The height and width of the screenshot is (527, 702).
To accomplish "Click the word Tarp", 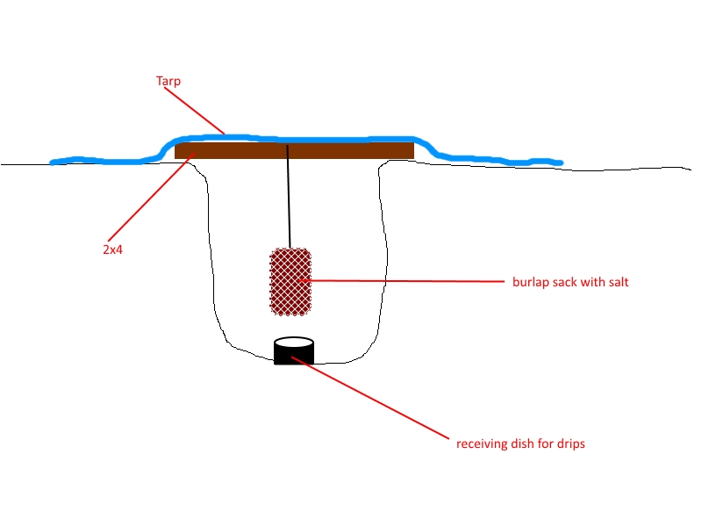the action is pos(168,81).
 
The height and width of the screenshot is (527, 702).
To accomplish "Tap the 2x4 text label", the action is pos(113,249).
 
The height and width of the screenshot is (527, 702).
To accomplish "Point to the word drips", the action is pos(571,444).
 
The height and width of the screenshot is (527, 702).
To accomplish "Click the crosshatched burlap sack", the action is pos(290,282).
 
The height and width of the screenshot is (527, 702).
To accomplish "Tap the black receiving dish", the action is pos(294,350).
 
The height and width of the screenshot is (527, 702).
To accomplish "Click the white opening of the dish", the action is pos(294,343).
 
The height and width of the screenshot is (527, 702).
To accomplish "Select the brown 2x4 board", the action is pos(294,150).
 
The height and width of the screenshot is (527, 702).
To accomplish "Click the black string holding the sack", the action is pos(289,196).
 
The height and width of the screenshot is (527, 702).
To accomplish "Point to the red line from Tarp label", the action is pos(194,111).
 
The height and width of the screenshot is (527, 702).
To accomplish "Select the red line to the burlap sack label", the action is pos(402,281).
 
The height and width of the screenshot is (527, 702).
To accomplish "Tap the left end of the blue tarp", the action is pos(52,162).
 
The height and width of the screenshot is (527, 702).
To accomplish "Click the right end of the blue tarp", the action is pos(561,163).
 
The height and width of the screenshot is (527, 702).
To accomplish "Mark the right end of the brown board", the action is pos(413,150).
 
